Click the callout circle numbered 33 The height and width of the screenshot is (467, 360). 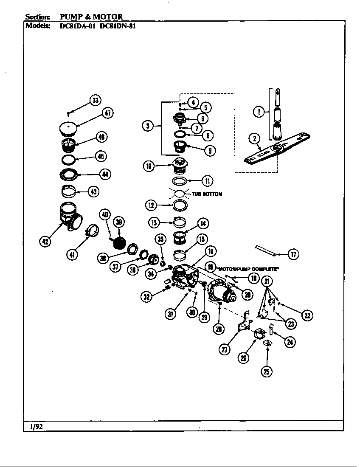pos(95,101)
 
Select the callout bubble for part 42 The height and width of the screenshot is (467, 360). pos(45,242)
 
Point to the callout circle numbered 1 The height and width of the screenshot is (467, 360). pos(258,112)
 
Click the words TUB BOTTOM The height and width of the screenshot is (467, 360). pos(207,194)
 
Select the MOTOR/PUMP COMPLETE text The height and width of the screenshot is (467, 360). pos(247,269)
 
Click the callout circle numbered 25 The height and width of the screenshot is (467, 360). pos(266,371)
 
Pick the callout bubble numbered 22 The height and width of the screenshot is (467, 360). pos(307,315)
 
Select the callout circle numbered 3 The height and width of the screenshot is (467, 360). pos(148,126)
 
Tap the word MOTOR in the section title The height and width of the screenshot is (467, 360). pos(109,17)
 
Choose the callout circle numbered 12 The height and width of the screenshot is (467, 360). pos(152,205)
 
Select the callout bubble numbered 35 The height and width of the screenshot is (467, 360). pos(160,239)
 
